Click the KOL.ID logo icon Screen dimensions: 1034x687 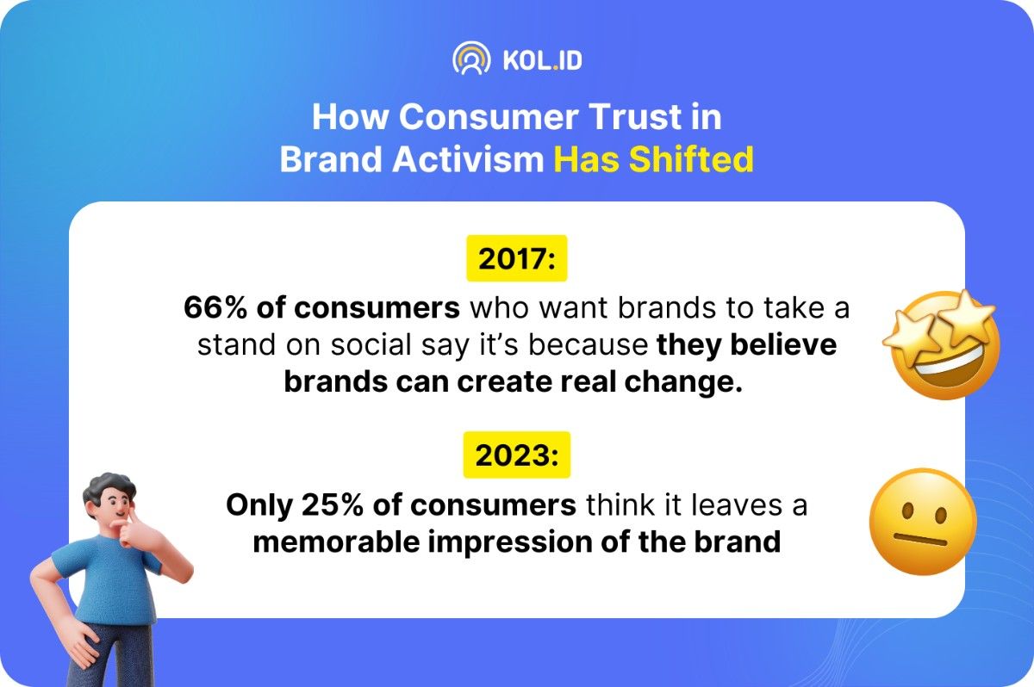click(470, 59)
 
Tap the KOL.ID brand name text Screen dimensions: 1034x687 click(542, 60)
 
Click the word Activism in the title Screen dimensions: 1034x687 click(468, 159)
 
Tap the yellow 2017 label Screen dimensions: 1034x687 click(517, 258)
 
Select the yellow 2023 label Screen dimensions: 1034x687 click(517, 455)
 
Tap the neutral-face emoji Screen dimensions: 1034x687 click(923, 522)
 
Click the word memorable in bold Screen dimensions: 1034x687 click(335, 542)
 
